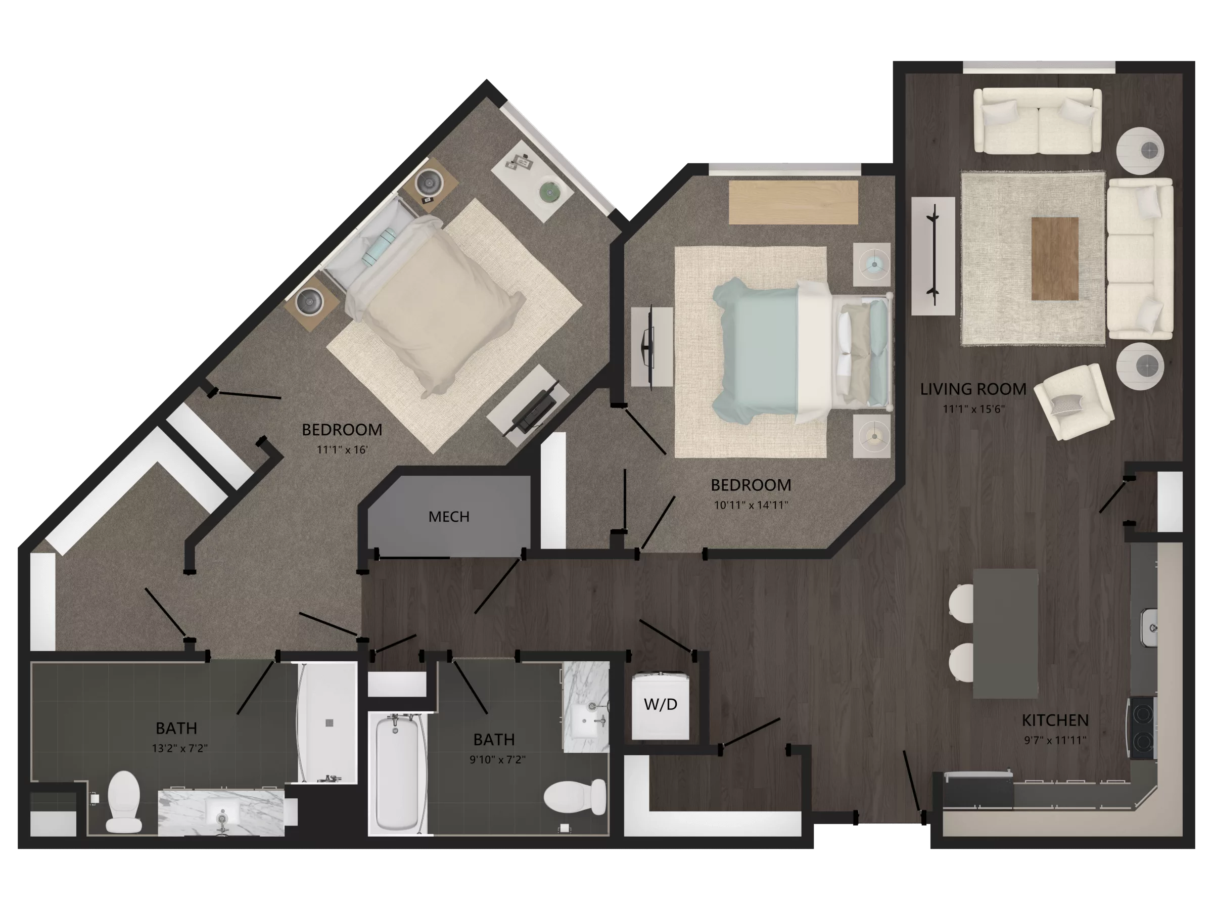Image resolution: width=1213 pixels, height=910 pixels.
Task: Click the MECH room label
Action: (x=449, y=517)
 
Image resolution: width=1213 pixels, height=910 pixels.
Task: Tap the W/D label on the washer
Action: (x=660, y=704)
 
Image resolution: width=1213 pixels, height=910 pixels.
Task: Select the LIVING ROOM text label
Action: (x=973, y=389)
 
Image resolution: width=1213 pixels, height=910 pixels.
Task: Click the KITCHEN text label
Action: (x=1055, y=720)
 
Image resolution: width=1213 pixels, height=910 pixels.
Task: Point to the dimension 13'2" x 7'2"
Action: (x=179, y=748)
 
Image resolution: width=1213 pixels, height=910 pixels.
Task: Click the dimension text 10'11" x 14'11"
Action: (x=751, y=505)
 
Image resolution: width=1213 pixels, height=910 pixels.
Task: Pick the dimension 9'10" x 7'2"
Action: (x=497, y=760)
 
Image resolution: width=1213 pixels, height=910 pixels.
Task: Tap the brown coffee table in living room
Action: (x=1054, y=258)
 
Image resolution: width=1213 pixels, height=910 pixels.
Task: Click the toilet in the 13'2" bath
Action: (x=123, y=800)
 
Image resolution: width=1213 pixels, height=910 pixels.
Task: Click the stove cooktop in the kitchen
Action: (x=1143, y=728)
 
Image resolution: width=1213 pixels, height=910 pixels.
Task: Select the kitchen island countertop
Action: (x=1005, y=633)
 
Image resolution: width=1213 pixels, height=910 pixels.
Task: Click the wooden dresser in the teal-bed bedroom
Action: (x=792, y=202)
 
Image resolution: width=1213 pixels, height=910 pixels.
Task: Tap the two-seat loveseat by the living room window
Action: (x=1037, y=122)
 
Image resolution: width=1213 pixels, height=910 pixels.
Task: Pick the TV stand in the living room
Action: (x=933, y=256)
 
